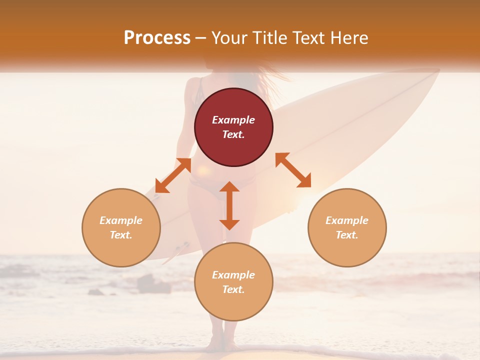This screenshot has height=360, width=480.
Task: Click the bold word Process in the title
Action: point(157,38)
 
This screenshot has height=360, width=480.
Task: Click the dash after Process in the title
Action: point(200,38)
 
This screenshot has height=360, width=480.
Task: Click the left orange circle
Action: point(121,227)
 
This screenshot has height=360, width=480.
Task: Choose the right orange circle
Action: point(347,227)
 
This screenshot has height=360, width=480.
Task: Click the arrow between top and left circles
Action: point(173,175)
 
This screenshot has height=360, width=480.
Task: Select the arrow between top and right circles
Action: point(293,170)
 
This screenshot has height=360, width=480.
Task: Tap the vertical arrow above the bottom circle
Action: point(229,205)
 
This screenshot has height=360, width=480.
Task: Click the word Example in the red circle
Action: point(233,120)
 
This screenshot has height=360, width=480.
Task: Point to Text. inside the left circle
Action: point(121,235)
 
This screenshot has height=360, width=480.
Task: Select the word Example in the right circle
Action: point(347,220)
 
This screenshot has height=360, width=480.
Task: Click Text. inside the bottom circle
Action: point(233,289)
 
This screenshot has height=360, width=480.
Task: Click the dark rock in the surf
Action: point(150,284)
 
